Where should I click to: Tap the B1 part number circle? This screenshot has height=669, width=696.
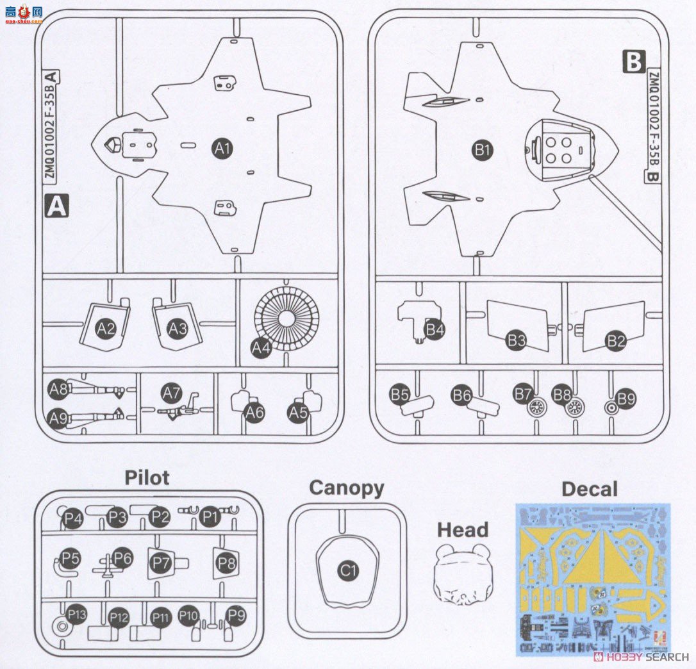tap(482, 151)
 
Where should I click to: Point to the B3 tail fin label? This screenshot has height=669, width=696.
tap(516, 340)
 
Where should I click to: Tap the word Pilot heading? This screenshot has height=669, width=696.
tap(147, 477)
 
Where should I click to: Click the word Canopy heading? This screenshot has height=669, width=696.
tap(346, 488)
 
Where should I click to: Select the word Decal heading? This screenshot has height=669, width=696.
tap(590, 490)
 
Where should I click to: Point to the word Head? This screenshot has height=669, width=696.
tap(463, 530)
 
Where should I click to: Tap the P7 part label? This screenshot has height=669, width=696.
tap(161, 563)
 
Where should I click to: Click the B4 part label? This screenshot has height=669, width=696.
tap(435, 330)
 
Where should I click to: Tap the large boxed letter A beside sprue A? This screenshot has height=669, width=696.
tap(57, 206)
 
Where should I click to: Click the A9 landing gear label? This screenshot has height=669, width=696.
tap(58, 419)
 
